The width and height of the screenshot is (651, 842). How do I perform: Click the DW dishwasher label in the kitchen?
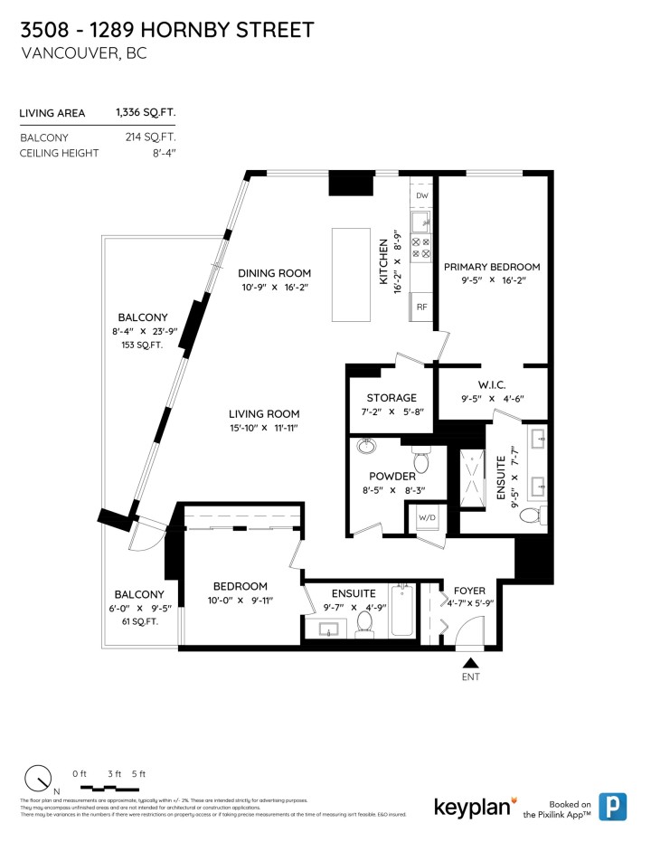(421, 195)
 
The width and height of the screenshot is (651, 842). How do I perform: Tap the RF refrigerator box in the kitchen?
(421, 307)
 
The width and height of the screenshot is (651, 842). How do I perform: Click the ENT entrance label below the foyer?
(470, 676)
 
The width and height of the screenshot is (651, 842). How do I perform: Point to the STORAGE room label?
(392, 398)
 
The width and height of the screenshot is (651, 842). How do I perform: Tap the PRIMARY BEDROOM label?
(492, 267)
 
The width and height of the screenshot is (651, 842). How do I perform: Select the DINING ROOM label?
(275, 273)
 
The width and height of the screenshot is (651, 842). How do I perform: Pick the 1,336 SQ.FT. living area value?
(146, 113)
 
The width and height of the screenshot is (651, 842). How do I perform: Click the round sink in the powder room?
(367, 447)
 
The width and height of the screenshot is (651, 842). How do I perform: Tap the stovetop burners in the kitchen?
(422, 249)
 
